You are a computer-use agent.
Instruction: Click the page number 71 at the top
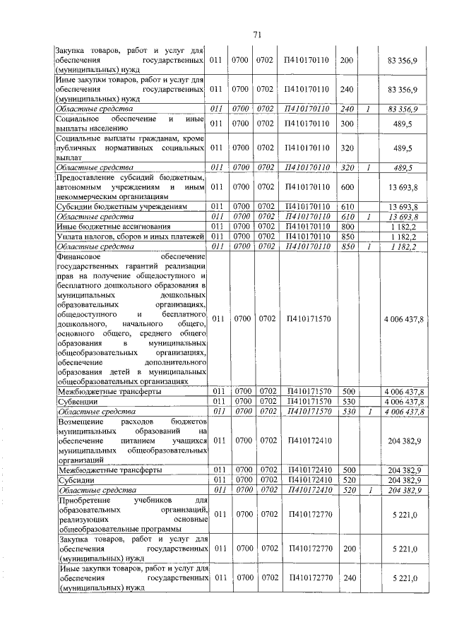click(257, 35)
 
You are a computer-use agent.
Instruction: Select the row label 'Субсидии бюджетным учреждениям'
click(121, 206)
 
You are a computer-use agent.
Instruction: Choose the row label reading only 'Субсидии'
click(77, 479)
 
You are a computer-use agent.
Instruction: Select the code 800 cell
click(346, 226)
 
